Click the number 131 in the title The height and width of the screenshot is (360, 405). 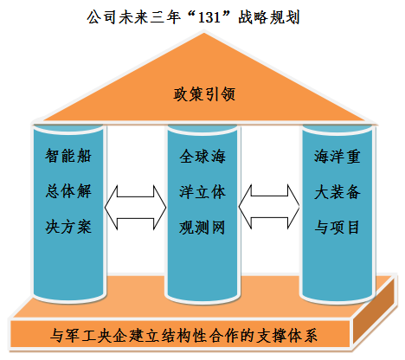click(x=209, y=17)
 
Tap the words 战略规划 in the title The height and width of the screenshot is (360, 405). click(x=269, y=17)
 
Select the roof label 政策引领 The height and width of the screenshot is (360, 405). click(x=204, y=94)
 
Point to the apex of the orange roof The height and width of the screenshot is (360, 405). click(x=204, y=34)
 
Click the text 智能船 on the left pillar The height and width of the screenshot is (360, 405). click(x=68, y=156)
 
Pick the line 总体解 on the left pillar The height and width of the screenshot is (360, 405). click(x=68, y=191)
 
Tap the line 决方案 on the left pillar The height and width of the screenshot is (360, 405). click(x=68, y=227)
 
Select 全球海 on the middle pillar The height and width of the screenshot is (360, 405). click(x=202, y=157)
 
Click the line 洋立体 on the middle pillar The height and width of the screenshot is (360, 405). click(x=202, y=192)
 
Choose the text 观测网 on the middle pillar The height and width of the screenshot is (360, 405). click(x=202, y=228)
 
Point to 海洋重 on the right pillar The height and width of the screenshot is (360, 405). click(x=337, y=157)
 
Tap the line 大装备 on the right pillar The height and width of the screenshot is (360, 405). click(x=337, y=192)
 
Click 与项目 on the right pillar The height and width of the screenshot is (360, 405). click(x=337, y=228)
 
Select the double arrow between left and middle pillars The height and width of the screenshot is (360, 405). click(x=135, y=208)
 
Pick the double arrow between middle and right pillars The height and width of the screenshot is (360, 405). click(x=269, y=207)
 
